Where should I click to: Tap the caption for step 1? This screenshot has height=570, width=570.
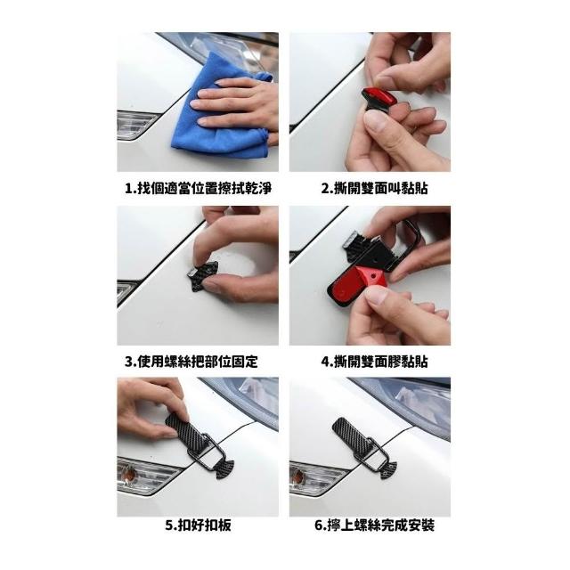(198, 188)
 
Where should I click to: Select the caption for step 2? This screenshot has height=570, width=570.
(374, 188)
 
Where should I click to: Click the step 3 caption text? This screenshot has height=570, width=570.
(191, 362)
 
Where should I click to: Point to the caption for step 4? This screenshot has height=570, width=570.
(374, 362)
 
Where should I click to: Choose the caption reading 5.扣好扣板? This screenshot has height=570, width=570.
(198, 525)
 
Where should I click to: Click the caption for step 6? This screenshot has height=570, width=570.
(374, 525)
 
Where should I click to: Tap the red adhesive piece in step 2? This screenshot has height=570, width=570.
(379, 96)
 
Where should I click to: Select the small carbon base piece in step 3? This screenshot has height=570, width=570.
(202, 277)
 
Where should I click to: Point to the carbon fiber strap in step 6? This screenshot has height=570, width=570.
(354, 435)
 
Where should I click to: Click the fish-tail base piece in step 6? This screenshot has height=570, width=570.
(388, 469)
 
